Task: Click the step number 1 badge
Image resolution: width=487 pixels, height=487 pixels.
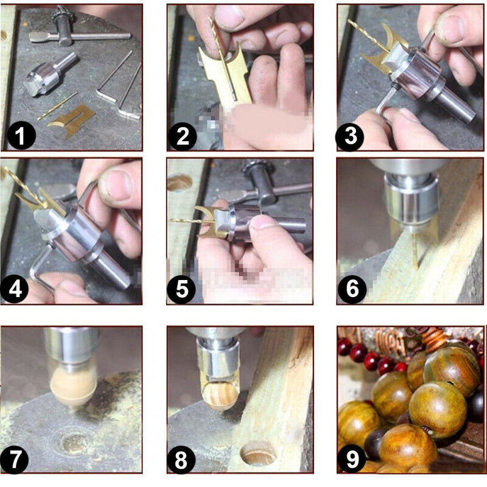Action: click(x=22, y=136)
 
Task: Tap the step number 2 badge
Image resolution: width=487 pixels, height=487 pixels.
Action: click(x=183, y=136)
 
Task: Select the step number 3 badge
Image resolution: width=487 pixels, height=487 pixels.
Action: click(x=351, y=136)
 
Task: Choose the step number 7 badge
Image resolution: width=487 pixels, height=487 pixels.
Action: click(x=15, y=459)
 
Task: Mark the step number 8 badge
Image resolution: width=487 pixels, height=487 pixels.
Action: click(x=181, y=459)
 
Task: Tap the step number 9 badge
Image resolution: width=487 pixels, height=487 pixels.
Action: click(x=352, y=459)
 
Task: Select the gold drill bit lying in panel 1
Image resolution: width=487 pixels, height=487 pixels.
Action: click(x=57, y=106)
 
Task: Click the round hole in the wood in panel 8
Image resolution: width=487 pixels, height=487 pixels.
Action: click(x=258, y=453)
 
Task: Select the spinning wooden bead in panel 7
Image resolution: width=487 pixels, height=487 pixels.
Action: click(x=73, y=387)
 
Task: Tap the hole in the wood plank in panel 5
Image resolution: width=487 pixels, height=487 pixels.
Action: click(x=180, y=183)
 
